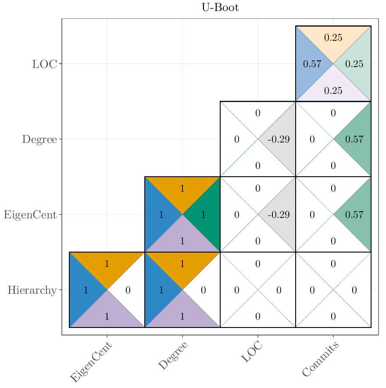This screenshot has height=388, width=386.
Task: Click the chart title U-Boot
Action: pos(220,7)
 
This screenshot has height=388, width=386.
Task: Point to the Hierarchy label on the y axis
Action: pos(32,290)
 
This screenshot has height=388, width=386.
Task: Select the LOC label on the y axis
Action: pos(44,64)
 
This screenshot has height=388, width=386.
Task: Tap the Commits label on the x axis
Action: pos(321,360)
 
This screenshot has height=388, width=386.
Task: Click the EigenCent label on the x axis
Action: pos(91,362)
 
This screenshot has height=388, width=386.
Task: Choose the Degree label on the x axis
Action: pos(173,356)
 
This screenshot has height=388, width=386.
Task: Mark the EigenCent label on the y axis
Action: pos(30,215)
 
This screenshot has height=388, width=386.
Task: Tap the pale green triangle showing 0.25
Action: pos(356,64)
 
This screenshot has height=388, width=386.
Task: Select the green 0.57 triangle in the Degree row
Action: pos(356,139)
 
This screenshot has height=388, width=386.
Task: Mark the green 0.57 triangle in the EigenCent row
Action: pos(356,215)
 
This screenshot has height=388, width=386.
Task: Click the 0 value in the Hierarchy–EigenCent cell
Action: pos(128,290)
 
